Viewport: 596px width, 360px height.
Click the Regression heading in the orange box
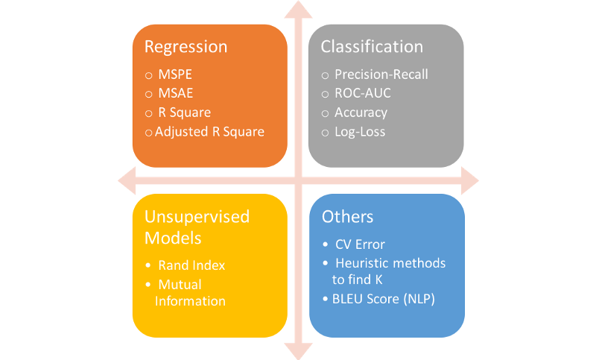click(x=186, y=47)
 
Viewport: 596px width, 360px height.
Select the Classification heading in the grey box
click(x=371, y=47)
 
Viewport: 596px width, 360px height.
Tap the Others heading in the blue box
click(x=347, y=217)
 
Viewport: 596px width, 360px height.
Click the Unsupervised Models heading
click(x=197, y=227)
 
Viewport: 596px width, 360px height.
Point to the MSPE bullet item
click(x=175, y=75)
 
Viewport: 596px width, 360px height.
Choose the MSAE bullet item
click(x=175, y=94)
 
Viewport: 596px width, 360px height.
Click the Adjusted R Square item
click(x=209, y=131)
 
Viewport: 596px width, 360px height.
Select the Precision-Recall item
click(x=381, y=75)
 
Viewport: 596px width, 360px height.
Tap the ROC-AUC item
click(x=362, y=93)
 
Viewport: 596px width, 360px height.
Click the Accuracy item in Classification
click(x=361, y=113)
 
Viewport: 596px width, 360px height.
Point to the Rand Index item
click(x=191, y=265)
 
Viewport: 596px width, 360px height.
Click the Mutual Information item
click(x=189, y=293)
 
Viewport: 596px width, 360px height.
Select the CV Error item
click(x=360, y=244)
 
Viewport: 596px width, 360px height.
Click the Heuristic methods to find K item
click(x=389, y=271)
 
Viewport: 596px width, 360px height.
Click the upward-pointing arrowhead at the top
click(x=299, y=9)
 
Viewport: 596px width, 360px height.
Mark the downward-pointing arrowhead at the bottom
click(x=299, y=350)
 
